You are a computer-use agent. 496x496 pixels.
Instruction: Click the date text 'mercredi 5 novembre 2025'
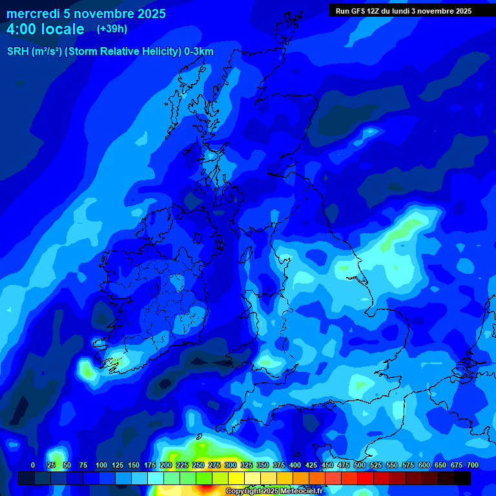(86, 14)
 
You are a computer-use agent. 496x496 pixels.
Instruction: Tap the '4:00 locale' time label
(45, 29)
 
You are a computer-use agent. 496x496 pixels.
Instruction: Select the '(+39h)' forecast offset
(112, 29)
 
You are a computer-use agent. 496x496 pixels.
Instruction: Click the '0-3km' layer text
(198, 52)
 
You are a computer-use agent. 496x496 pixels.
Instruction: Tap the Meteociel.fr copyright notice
(283, 491)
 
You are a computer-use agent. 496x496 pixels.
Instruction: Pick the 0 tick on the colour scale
(33, 465)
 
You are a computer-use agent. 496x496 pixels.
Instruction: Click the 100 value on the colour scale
(101, 465)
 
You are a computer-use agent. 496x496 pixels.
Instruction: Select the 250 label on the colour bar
(198, 465)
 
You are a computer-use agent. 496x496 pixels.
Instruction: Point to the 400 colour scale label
(295, 465)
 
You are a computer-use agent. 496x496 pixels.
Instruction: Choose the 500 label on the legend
(360, 465)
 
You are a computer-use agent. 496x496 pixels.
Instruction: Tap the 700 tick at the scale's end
(473, 465)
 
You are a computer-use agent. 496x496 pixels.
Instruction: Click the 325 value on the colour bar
(247, 465)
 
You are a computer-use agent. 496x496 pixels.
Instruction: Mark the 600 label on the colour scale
(424, 465)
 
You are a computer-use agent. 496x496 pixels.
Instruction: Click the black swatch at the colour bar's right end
(462, 478)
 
